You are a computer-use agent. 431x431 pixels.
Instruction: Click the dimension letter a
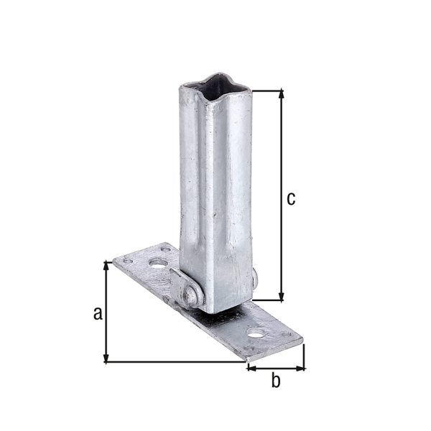tap(98, 312)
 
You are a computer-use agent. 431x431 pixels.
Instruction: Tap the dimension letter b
tap(275, 381)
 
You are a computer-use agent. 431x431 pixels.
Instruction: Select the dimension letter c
tap(290, 198)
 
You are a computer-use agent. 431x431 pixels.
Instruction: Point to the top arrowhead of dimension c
tap(280, 94)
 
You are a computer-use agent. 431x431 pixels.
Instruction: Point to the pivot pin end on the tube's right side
tap(254, 277)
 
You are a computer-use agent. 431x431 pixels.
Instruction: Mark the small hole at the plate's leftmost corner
tap(128, 261)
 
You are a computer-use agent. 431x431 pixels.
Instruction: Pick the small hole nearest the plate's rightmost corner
tap(286, 335)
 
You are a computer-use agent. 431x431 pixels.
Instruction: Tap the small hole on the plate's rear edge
tap(166, 249)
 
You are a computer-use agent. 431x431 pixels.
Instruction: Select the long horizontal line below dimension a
tap(176, 362)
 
